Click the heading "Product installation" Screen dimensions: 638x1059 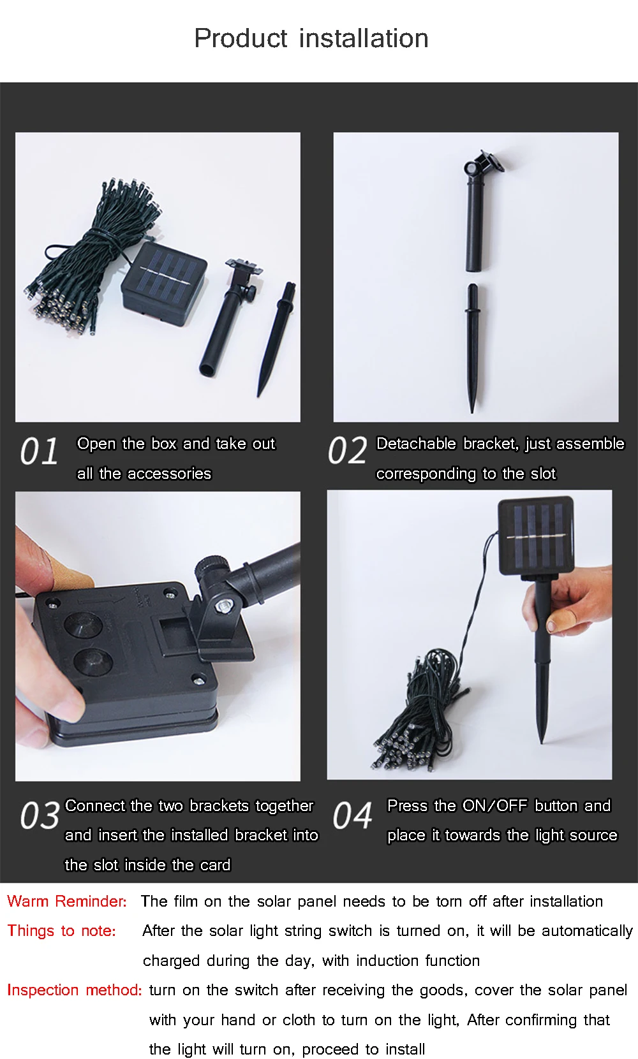(x=311, y=38)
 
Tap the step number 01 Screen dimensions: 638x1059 (x=39, y=451)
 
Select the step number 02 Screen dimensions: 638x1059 (x=347, y=450)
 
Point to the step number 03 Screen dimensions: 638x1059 (x=40, y=815)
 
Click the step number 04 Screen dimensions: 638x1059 (x=352, y=815)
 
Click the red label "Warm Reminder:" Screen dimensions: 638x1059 (x=67, y=901)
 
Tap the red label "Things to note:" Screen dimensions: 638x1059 (x=61, y=930)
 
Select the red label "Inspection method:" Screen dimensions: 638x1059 (x=74, y=990)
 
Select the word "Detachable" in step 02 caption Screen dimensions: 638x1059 (x=416, y=444)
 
